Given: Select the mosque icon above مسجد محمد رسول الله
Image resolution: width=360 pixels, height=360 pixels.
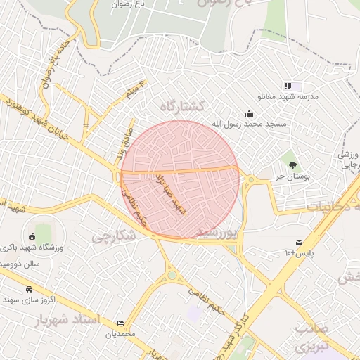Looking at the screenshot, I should (249, 113).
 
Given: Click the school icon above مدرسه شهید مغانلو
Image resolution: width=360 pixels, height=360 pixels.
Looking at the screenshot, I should (288, 85).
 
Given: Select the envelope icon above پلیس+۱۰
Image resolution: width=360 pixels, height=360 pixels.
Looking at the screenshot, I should (300, 241).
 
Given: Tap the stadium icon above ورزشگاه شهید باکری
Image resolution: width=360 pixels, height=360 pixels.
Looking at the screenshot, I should (32, 236).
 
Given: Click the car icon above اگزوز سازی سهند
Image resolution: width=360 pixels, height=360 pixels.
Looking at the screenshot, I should (28, 289).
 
